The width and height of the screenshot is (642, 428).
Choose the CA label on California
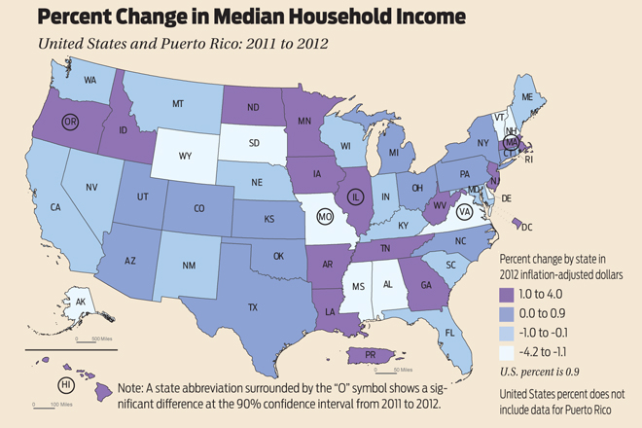point(55,207)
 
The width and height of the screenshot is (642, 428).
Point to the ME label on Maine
point(554,97)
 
